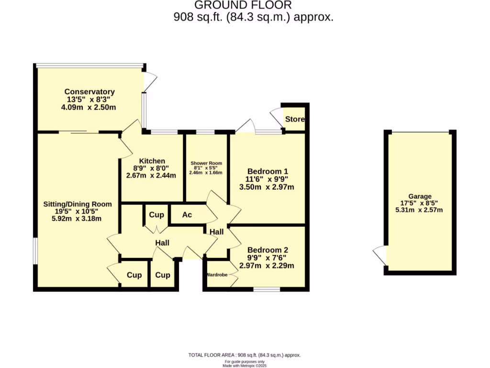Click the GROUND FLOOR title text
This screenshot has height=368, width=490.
243,5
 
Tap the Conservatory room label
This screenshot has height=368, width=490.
89,92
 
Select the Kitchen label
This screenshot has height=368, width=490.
152,161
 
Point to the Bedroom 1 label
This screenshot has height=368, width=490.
267,171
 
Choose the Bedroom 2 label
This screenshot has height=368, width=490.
267,250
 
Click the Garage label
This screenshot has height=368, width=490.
420,196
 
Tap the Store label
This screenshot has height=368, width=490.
294,119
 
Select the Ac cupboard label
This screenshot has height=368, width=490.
187,215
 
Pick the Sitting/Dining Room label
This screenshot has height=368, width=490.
78,204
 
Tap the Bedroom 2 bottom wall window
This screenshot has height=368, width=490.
267,289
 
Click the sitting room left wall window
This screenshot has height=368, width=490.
35,250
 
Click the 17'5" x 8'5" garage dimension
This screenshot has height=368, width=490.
420,203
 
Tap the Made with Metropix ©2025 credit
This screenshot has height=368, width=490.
245,366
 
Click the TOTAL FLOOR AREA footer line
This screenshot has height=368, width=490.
245,355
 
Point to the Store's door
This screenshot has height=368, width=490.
277,117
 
